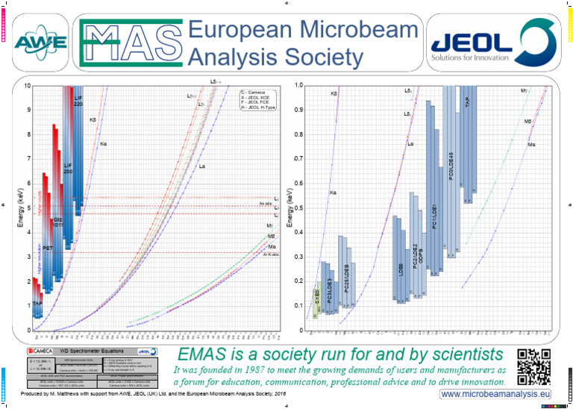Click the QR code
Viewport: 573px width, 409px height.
[533, 363]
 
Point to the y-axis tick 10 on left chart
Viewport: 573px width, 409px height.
[28, 86]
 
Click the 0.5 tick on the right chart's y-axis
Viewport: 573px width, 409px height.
[298, 207]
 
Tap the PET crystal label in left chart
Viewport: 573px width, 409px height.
[47, 247]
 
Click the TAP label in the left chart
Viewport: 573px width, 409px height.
[37, 304]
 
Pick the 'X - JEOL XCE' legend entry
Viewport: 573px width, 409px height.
[257, 97]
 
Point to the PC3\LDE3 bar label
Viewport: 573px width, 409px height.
[329, 287]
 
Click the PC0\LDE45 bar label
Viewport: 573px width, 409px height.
[451, 168]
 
